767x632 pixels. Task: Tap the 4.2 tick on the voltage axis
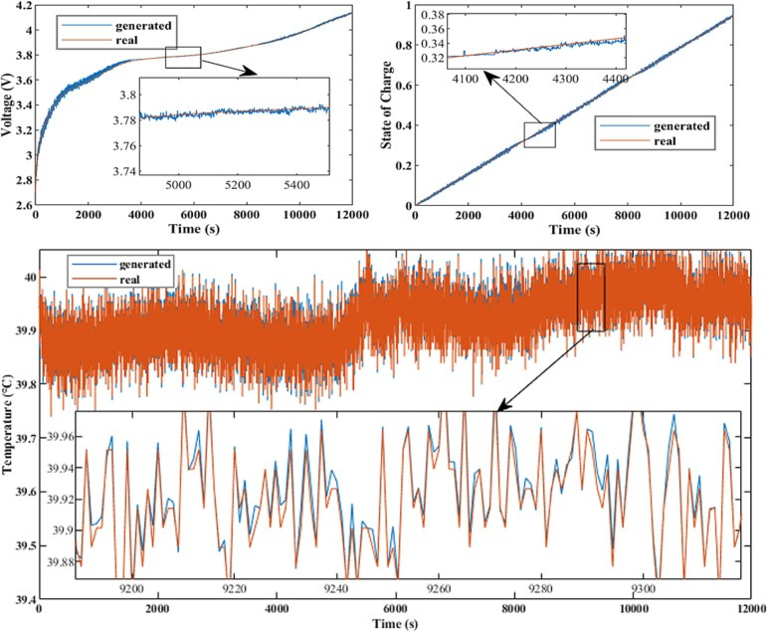[x=21, y=7]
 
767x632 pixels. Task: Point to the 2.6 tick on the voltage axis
[x=21, y=206]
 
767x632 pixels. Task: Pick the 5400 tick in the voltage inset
[x=304, y=185]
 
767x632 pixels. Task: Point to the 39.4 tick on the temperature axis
[x=21, y=599]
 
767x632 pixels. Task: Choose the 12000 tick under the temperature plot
[x=750, y=610]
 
